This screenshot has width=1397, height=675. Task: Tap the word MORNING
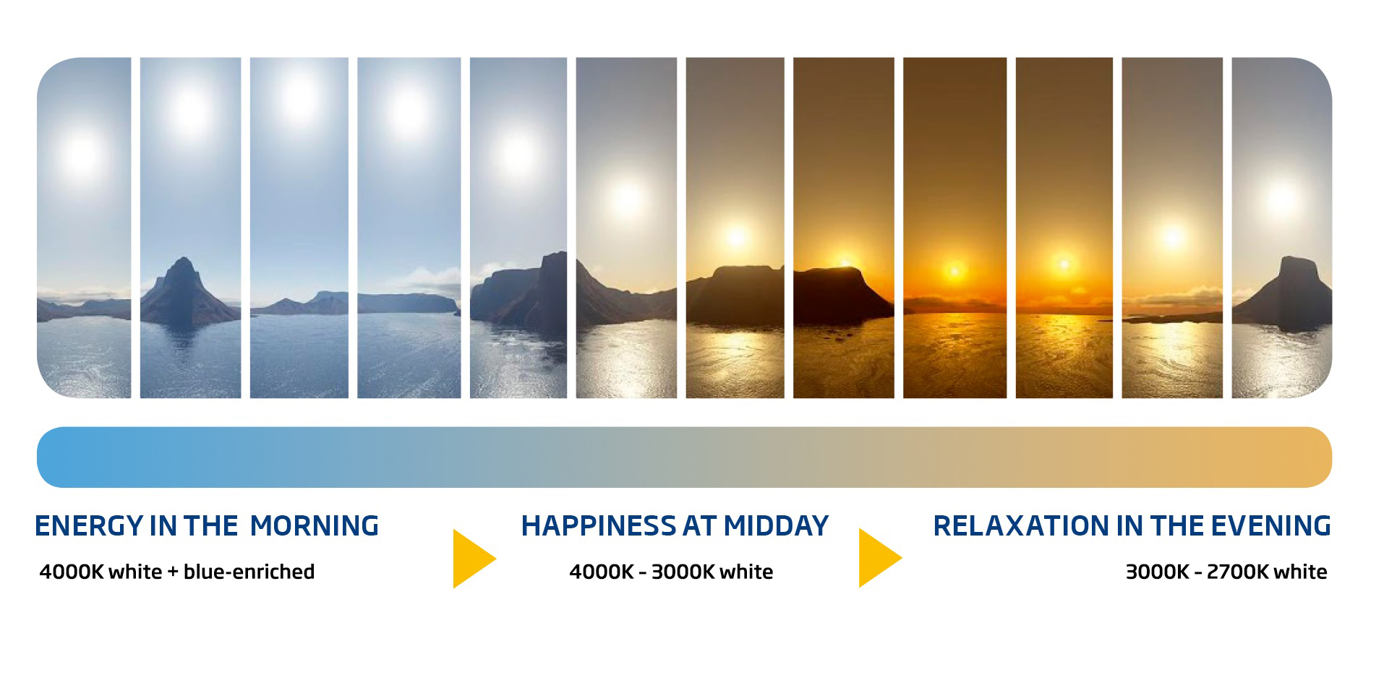[x=314, y=526]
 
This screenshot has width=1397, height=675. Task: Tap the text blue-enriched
[x=249, y=572]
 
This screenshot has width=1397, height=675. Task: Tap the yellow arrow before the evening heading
[x=879, y=558]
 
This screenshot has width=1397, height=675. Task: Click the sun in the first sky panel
[x=81, y=153]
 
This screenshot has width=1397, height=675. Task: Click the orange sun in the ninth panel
[x=954, y=271]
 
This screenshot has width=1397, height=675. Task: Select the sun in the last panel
[x=1281, y=198]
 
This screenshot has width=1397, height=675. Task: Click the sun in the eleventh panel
[x=1172, y=236]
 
